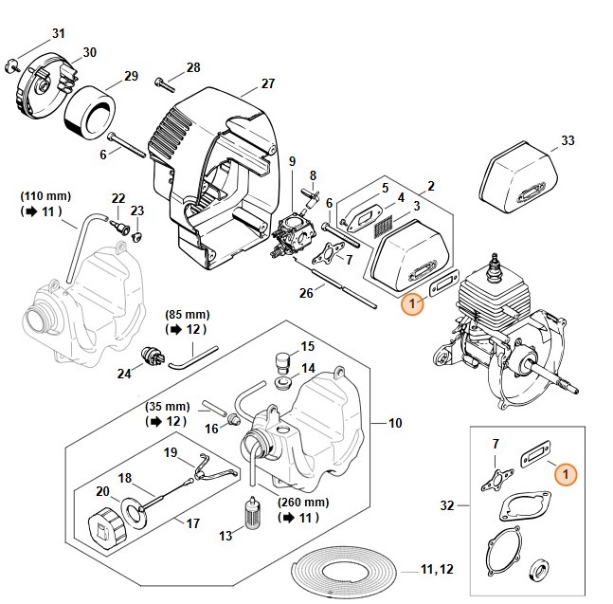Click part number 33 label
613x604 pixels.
(x=568, y=141)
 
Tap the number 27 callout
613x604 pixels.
(x=268, y=83)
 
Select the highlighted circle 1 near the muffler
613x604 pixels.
(x=412, y=304)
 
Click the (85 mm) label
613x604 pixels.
(x=188, y=314)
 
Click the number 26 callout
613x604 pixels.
(x=306, y=293)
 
